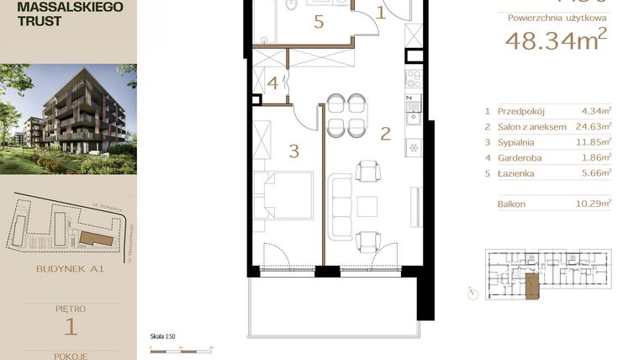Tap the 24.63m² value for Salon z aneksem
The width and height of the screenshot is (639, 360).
click(594, 126)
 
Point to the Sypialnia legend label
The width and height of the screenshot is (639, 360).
click(515, 142)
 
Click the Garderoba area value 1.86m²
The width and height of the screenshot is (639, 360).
click(596, 157)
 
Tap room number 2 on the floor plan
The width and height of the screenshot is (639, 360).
click(385, 133)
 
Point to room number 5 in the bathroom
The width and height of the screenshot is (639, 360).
click(319, 22)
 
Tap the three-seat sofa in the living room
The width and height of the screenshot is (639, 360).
click(341, 207)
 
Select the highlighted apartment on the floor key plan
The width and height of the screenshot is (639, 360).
click(531, 285)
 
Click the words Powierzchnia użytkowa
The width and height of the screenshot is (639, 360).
click(555, 17)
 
